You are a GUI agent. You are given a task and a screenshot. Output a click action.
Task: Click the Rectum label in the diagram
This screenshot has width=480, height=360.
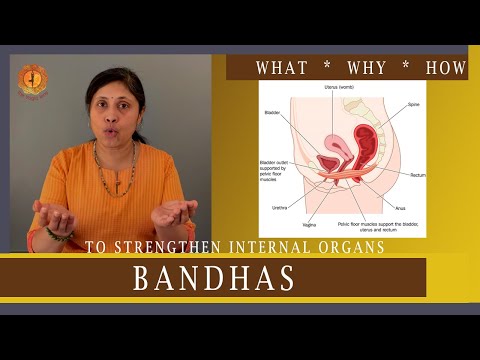coord(416,175)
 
